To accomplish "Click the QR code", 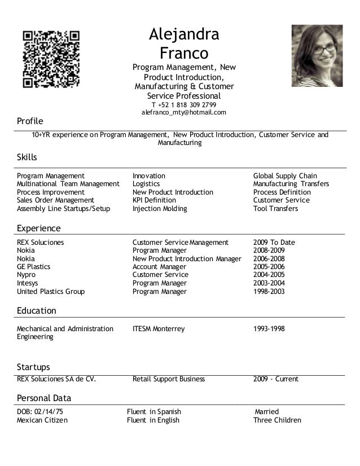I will pos(51,59).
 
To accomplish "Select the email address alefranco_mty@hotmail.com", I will pos(183,113).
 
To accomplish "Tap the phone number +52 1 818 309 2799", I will pos(183,104).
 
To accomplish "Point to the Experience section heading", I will pos(39,228).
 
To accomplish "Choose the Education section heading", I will pos(37,311).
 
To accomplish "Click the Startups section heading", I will pos(33,367).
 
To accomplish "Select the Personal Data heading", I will pos(44,398).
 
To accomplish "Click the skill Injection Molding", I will pos(160,209).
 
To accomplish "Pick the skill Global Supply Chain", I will pos(285,176).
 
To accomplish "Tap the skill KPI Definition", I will pos(154,200).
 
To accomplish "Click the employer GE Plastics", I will pos(33,267).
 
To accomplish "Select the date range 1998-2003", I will pos(269,292).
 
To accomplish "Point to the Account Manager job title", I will pos(159,267).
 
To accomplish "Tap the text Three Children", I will pos(277,420).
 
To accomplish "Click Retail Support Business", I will pos(168,379).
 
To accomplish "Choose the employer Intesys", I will pos(29,283).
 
